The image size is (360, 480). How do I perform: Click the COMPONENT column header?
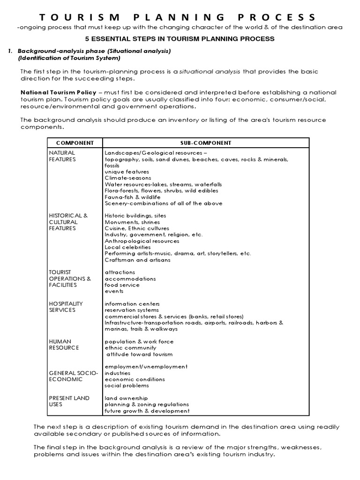pos(75,143)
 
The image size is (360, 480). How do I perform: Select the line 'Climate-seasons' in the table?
pos(127,178)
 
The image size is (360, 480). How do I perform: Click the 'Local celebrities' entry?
pos(127,247)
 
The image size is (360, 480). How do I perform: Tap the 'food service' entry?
pos(122,285)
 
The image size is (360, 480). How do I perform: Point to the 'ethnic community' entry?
pos(130,348)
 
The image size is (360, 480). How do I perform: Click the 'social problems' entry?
pos(127,385)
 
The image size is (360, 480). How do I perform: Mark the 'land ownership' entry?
pos(126,398)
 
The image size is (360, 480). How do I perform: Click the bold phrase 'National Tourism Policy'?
pos(58,93)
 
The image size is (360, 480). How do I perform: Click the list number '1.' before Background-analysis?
pos(10,51)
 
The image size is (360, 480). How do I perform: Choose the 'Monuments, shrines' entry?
pos(132,222)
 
